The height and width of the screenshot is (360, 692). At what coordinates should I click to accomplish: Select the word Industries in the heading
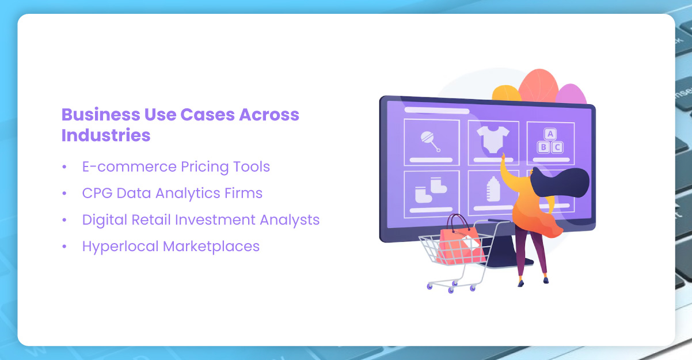coord(106,135)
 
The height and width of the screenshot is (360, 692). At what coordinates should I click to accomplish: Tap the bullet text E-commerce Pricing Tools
coord(176,167)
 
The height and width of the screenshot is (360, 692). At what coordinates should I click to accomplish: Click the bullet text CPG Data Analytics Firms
coord(172,194)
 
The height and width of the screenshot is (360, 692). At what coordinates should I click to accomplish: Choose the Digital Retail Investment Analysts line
coord(200,220)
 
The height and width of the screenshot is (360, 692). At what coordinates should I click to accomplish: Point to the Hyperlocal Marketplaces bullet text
coord(170,247)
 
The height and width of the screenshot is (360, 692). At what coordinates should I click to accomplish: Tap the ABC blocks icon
coord(550,141)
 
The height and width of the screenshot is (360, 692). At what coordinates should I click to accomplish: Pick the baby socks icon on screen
coord(431,191)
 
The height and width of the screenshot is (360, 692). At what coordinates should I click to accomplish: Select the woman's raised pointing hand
coord(503,158)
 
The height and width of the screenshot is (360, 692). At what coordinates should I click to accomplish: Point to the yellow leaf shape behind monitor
coord(506,93)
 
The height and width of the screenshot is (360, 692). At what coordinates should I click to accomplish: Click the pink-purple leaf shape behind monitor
coord(570,94)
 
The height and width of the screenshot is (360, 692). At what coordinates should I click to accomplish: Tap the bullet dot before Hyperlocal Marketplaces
coord(64,247)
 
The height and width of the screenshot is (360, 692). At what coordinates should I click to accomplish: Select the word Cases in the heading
coord(202,114)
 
